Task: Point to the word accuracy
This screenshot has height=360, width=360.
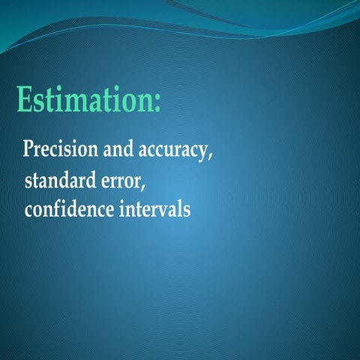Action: point(172,150)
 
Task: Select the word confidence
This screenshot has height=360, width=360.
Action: point(69,209)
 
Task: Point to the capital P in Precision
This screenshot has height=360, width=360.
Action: point(29,148)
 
